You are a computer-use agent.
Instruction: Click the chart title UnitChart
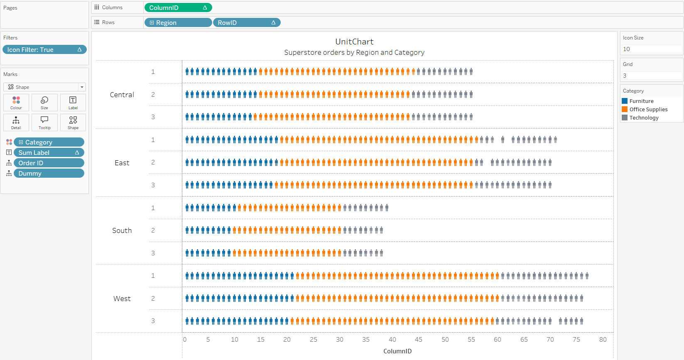click(354, 42)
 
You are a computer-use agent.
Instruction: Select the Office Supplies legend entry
click(648, 109)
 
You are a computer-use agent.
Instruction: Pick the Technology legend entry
click(644, 118)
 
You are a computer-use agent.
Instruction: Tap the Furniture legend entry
click(641, 101)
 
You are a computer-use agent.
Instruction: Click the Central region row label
click(122, 95)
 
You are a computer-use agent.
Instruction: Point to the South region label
click(122, 230)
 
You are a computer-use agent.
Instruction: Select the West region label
click(122, 299)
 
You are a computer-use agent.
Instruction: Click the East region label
click(122, 163)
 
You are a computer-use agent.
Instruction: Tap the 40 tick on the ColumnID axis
click(392, 340)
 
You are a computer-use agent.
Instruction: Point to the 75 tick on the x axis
click(576, 340)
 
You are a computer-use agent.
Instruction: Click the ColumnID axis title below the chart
click(397, 351)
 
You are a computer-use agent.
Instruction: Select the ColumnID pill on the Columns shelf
click(178, 8)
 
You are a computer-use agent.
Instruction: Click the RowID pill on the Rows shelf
click(246, 23)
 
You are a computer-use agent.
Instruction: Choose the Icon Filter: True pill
click(44, 50)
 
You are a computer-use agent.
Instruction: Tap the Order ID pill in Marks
click(49, 163)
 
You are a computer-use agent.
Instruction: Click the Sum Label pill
click(49, 153)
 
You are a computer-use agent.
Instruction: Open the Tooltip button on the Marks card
click(44, 122)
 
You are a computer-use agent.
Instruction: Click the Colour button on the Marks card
click(16, 103)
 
